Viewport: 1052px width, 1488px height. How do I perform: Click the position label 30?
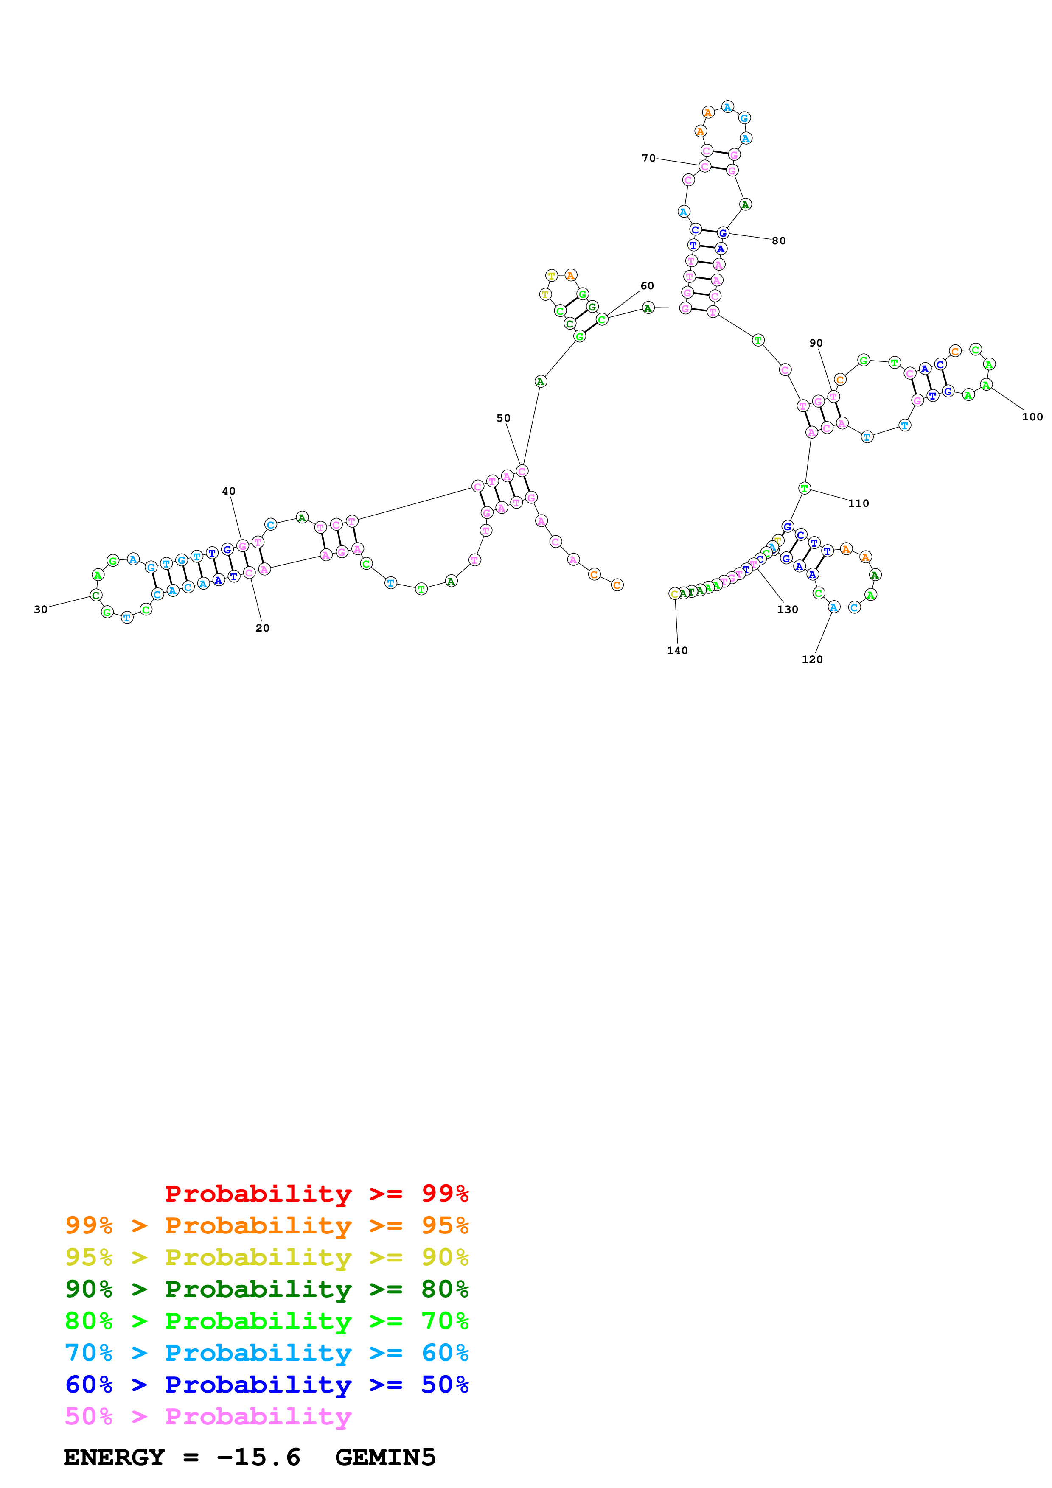click(x=41, y=609)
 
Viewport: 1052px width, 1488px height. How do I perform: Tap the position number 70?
click(x=648, y=158)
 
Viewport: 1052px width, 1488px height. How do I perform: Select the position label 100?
click(x=1032, y=417)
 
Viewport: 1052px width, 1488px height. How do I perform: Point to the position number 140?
click(x=677, y=651)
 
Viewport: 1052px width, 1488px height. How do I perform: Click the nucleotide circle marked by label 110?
click(x=805, y=488)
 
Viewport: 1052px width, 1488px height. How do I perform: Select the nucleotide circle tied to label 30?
click(x=96, y=595)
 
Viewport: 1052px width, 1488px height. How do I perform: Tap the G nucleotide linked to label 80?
click(x=723, y=233)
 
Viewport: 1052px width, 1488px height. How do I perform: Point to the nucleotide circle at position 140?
click(x=674, y=594)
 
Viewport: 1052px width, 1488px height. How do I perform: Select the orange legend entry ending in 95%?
click(x=267, y=1225)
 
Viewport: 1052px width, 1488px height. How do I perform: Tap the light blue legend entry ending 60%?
click(x=267, y=1353)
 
